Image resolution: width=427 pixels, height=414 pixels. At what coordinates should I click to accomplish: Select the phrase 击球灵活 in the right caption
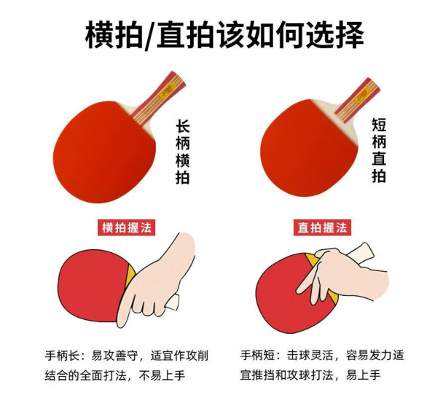(306, 356)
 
